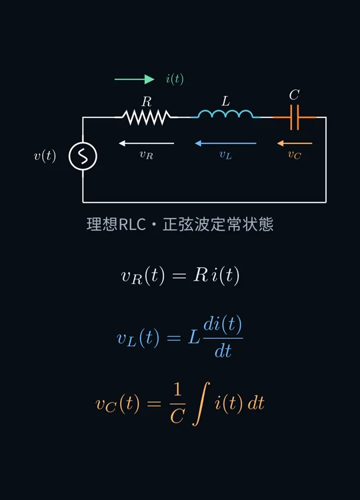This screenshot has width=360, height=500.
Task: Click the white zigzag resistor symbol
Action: pyautogui.click(x=147, y=117)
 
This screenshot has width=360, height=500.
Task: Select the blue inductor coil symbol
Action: pyautogui.click(x=225, y=114)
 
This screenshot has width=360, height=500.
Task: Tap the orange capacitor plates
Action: pyautogui.click(x=295, y=117)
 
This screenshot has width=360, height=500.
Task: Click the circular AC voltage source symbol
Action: pyautogui.click(x=83, y=156)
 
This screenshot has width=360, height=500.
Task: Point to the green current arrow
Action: pyautogui.click(x=134, y=79)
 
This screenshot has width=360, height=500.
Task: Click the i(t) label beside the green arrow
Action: pyautogui.click(x=175, y=79)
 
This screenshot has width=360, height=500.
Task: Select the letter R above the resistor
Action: pyautogui.click(x=147, y=102)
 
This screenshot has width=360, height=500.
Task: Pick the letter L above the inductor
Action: pyautogui.click(x=225, y=101)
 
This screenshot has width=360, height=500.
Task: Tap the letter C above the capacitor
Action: pyautogui.click(x=294, y=95)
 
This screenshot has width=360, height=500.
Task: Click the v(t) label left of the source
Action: pyautogui.click(x=45, y=156)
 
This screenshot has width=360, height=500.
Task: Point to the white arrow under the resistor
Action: pyautogui.click(x=147, y=143)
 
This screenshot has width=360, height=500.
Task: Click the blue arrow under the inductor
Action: pyautogui.click(x=225, y=143)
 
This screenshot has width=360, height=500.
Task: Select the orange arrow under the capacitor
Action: pyautogui.click(x=295, y=143)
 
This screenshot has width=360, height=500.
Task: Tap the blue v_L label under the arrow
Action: pyautogui.click(x=225, y=155)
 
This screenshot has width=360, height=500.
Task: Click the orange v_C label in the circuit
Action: pyautogui.click(x=294, y=155)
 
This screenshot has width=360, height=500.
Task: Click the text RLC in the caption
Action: pyautogui.click(x=132, y=224)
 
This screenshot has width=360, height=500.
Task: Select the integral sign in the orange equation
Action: pyautogui.click(x=201, y=404)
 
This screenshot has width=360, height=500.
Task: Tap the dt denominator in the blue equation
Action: pyautogui.click(x=223, y=351)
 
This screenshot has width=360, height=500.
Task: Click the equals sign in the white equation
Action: pyautogui.click(x=179, y=275)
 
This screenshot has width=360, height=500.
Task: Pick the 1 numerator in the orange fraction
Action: pyautogui.click(x=177, y=390)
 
